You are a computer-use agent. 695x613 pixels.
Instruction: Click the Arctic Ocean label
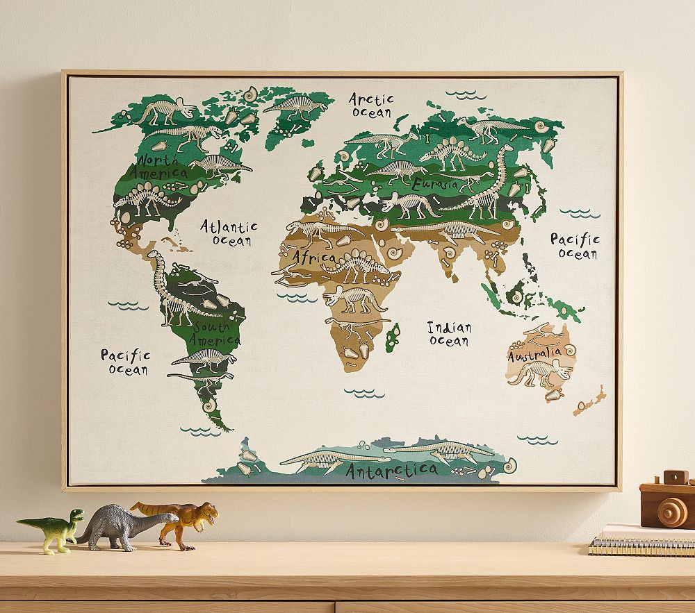pos(371,105)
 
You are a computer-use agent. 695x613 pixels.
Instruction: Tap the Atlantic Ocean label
pos(229,233)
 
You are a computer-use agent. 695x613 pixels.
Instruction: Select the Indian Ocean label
pos(449,333)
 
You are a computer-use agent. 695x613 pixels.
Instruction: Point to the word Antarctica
pos(391,471)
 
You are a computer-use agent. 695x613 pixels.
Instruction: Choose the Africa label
pos(313,258)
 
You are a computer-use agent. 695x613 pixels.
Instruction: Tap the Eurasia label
pos(434,185)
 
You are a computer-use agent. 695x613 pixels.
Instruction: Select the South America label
pos(216,333)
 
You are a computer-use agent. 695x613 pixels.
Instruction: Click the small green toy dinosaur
pos(54,529)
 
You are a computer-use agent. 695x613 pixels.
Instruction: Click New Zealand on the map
pos(589,402)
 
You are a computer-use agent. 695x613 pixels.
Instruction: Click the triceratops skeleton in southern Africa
pos(354,299)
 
